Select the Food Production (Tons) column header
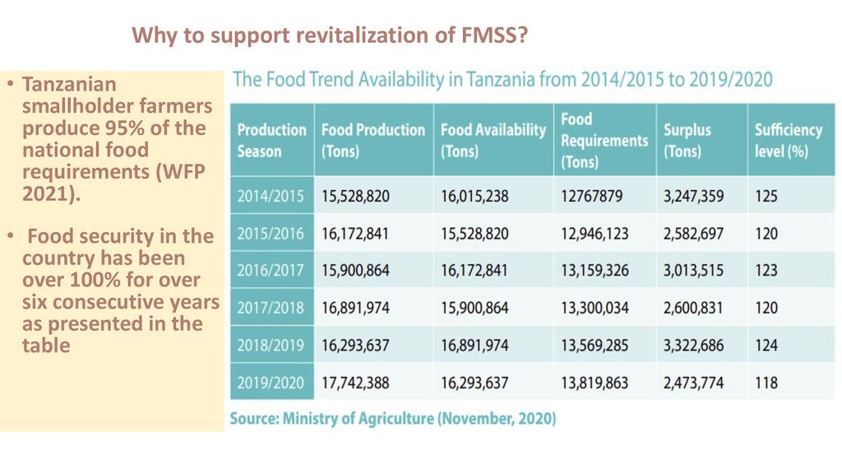pyautogui.click(x=372, y=141)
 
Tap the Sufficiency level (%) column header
pyautogui.click(x=788, y=141)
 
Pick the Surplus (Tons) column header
pyautogui.click(x=687, y=141)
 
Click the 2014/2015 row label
pyautogui.click(x=271, y=197)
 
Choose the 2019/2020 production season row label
pyautogui.click(x=271, y=383)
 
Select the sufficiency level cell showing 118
pyautogui.click(x=766, y=383)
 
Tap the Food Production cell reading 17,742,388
pyautogui.click(x=355, y=383)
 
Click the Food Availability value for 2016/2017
pyautogui.click(x=474, y=271)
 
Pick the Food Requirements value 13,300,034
pyautogui.click(x=594, y=309)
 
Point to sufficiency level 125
pyautogui.click(x=766, y=197)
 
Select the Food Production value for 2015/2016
pyautogui.click(x=355, y=234)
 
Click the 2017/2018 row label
pyautogui.click(x=271, y=309)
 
